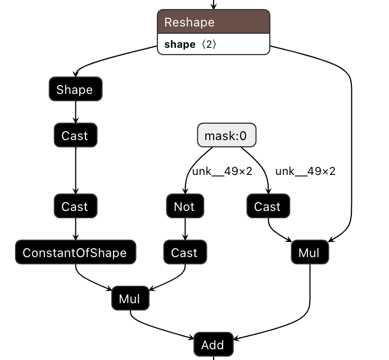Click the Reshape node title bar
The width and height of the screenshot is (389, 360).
213,22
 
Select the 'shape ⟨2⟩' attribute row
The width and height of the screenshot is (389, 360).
213,44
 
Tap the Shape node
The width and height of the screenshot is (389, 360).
75,89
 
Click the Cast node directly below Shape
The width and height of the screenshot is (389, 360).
75,136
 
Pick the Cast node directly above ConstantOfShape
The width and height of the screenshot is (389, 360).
75,206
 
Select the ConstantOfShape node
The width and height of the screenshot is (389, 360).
75,253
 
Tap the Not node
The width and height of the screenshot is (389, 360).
184,206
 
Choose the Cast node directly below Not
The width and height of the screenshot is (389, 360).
184,253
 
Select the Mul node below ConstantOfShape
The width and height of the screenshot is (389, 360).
130,298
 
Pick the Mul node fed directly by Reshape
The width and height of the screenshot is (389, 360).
309,253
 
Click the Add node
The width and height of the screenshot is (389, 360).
212,345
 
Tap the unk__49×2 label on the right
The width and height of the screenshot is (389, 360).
305,171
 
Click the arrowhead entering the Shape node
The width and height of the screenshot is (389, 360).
75,75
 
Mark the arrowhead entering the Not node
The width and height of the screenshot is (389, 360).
184,192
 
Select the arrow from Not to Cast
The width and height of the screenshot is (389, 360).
184,229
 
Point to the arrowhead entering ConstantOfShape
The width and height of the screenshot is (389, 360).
75,238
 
